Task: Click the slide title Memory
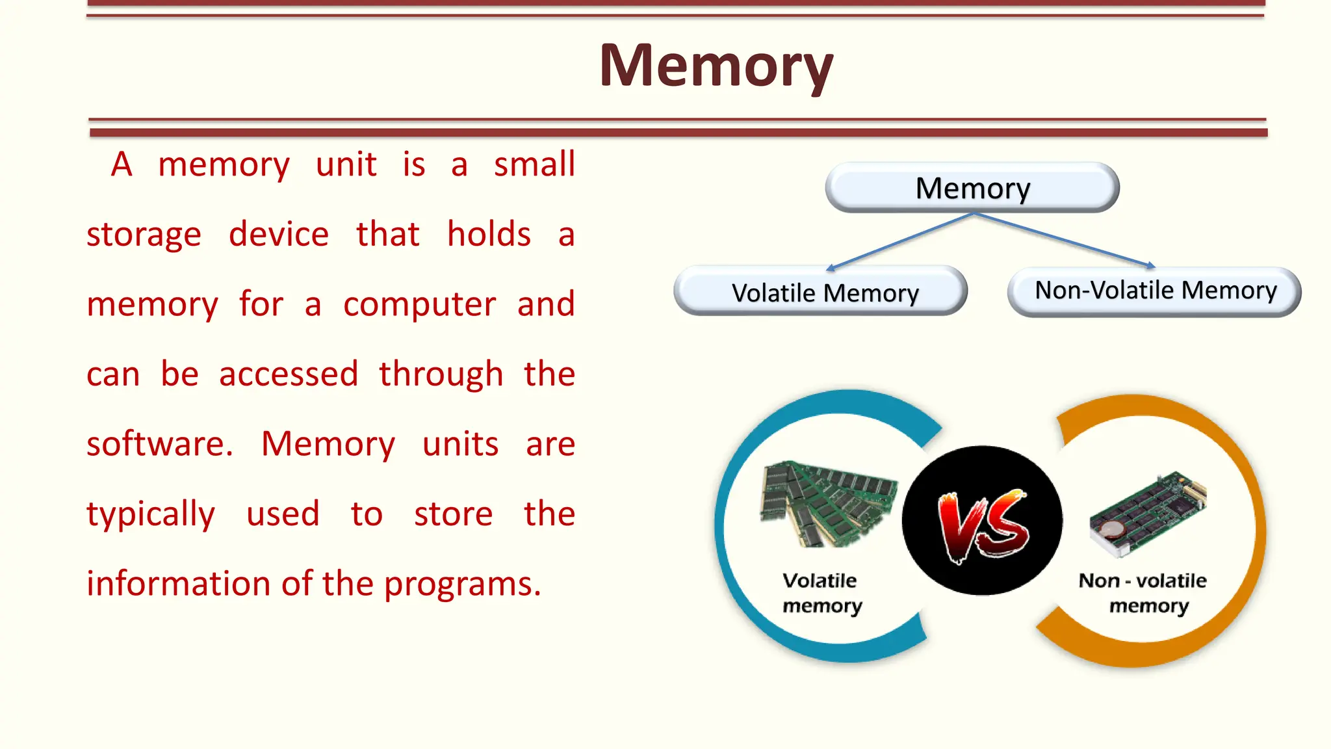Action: point(716,66)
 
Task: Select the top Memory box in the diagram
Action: point(972,189)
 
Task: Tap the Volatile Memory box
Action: point(820,292)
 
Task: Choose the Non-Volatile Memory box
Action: point(1154,291)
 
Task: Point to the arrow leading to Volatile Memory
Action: point(900,241)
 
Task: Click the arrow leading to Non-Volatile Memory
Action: point(1063,240)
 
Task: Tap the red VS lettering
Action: point(983,525)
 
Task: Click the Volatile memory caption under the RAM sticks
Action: point(821,593)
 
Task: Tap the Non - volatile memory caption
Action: point(1144,593)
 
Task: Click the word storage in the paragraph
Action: point(144,235)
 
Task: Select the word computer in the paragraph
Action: point(419,305)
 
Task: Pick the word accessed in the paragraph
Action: point(289,374)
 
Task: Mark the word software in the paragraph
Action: point(159,445)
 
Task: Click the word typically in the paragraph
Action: point(150,515)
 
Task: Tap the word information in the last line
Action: point(178,584)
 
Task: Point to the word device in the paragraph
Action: point(279,235)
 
